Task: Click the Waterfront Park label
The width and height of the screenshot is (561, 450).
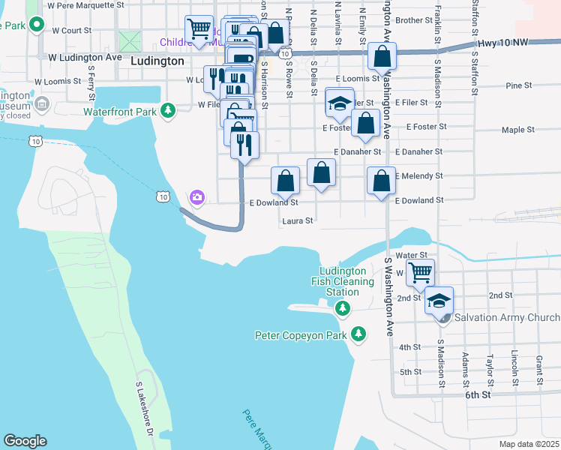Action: pos(120,112)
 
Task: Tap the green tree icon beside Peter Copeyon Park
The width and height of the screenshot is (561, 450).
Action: pos(359,334)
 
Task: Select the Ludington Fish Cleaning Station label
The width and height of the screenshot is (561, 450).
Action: pos(343,281)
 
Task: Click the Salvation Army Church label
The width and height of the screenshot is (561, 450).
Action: pos(506,318)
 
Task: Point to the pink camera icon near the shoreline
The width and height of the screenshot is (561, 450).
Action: pos(197,197)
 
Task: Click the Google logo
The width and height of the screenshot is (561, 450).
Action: pos(25,441)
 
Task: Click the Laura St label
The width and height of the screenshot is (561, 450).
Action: pos(297,221)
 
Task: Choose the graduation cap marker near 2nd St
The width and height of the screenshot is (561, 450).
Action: pos(439,301)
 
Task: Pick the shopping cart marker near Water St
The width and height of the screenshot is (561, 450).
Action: pos(421,271)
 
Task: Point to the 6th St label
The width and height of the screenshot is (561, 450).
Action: pos(477,394)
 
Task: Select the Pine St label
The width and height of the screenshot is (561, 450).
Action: pos(518,85)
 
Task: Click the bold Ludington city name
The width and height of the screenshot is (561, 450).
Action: pos(157,61)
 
